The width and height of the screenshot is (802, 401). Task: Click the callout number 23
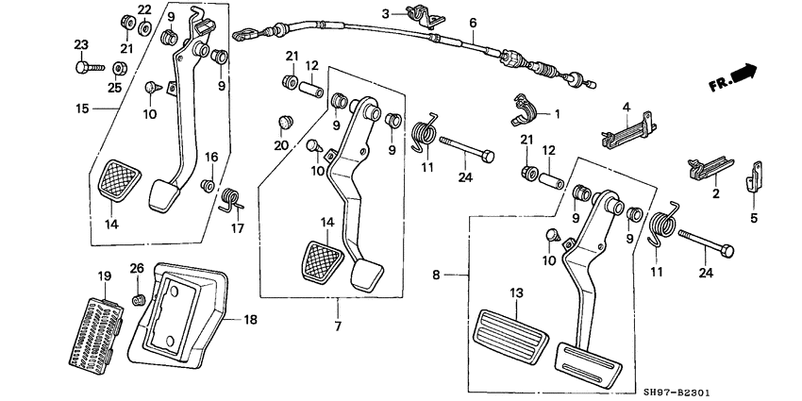coord(80,44)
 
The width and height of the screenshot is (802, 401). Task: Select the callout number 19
coord(104,276)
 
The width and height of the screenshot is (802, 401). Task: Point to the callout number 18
coord(250,321)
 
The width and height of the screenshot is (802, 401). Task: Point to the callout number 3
coord(385,13)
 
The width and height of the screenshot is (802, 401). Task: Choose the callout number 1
coord(557,114)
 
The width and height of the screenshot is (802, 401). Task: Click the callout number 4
coord(624,107)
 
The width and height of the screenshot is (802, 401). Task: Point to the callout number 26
coord(137,269)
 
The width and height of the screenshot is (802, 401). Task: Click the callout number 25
coord(114,87)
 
